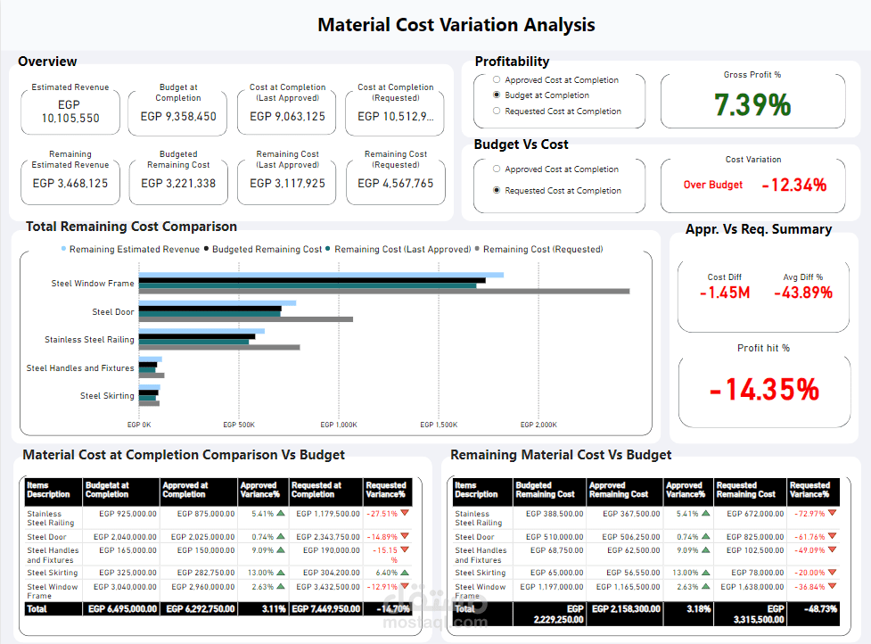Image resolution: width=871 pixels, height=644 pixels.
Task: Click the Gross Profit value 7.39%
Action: tap(752, 105)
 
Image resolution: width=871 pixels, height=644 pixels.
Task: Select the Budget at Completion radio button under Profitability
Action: tap(497, 95)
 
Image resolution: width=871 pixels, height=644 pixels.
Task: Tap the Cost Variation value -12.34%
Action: tap(793, 185)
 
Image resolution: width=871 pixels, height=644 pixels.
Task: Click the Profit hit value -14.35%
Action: tap(764, 390)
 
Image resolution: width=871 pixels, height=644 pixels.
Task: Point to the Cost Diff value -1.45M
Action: tap(724, 293)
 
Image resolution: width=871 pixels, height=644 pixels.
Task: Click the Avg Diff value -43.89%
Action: tap(802, 293)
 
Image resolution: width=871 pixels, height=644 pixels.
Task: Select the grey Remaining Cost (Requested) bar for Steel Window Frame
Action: tap(383, 291)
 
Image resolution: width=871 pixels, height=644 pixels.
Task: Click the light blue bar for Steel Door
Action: tap(217, 303)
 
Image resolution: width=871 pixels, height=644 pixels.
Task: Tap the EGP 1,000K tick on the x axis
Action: tap(339, 425)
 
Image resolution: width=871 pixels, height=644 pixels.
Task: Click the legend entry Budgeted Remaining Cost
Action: tap(267, 250)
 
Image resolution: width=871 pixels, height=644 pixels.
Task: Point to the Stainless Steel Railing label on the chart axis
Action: tap(89, 340)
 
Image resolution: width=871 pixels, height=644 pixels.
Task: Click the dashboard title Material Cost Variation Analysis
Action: tap(456, 25)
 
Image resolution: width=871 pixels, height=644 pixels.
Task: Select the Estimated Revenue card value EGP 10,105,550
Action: tap(70, 111)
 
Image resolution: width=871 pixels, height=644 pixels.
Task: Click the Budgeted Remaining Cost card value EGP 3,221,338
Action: tap(178, 184)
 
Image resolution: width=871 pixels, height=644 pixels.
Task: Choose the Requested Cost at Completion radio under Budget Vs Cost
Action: tap(497, 191)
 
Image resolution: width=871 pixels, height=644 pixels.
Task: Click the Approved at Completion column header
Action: tap(197, 490)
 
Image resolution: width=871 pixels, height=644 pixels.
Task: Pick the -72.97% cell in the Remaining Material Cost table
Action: tap(809, 514)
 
